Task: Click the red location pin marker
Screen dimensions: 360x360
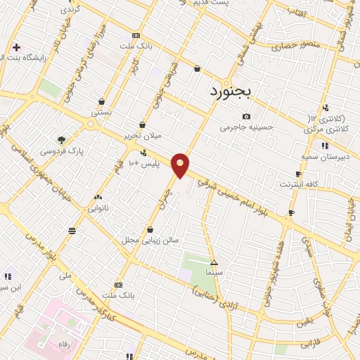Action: coord(181,165)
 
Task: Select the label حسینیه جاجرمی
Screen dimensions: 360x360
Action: coord(246,128)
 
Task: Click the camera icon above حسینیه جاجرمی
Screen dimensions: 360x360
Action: coord(246,116)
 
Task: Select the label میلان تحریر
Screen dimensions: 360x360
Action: coord(143,134)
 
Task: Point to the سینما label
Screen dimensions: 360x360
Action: coord(214,271)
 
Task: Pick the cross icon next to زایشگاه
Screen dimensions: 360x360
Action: coord(16,47)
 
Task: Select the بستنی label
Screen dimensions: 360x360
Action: coord(101,112)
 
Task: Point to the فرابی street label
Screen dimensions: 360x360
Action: coord(310,345)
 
